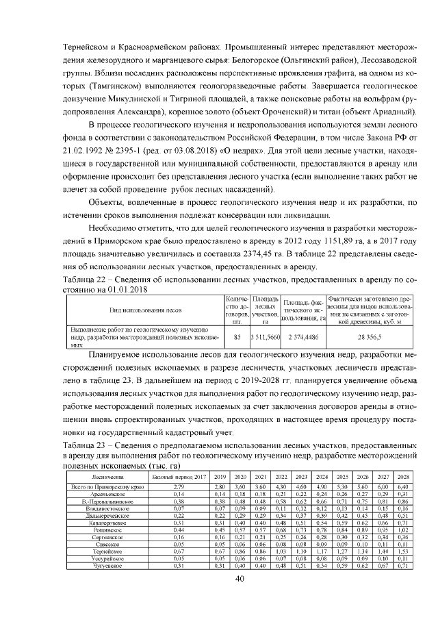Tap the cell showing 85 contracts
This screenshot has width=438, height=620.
237,337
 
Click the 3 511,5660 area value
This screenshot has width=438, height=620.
265,337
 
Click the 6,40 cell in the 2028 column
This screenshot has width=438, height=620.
402,486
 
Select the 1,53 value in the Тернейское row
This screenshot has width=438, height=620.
402,551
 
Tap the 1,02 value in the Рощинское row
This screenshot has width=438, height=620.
402,528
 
